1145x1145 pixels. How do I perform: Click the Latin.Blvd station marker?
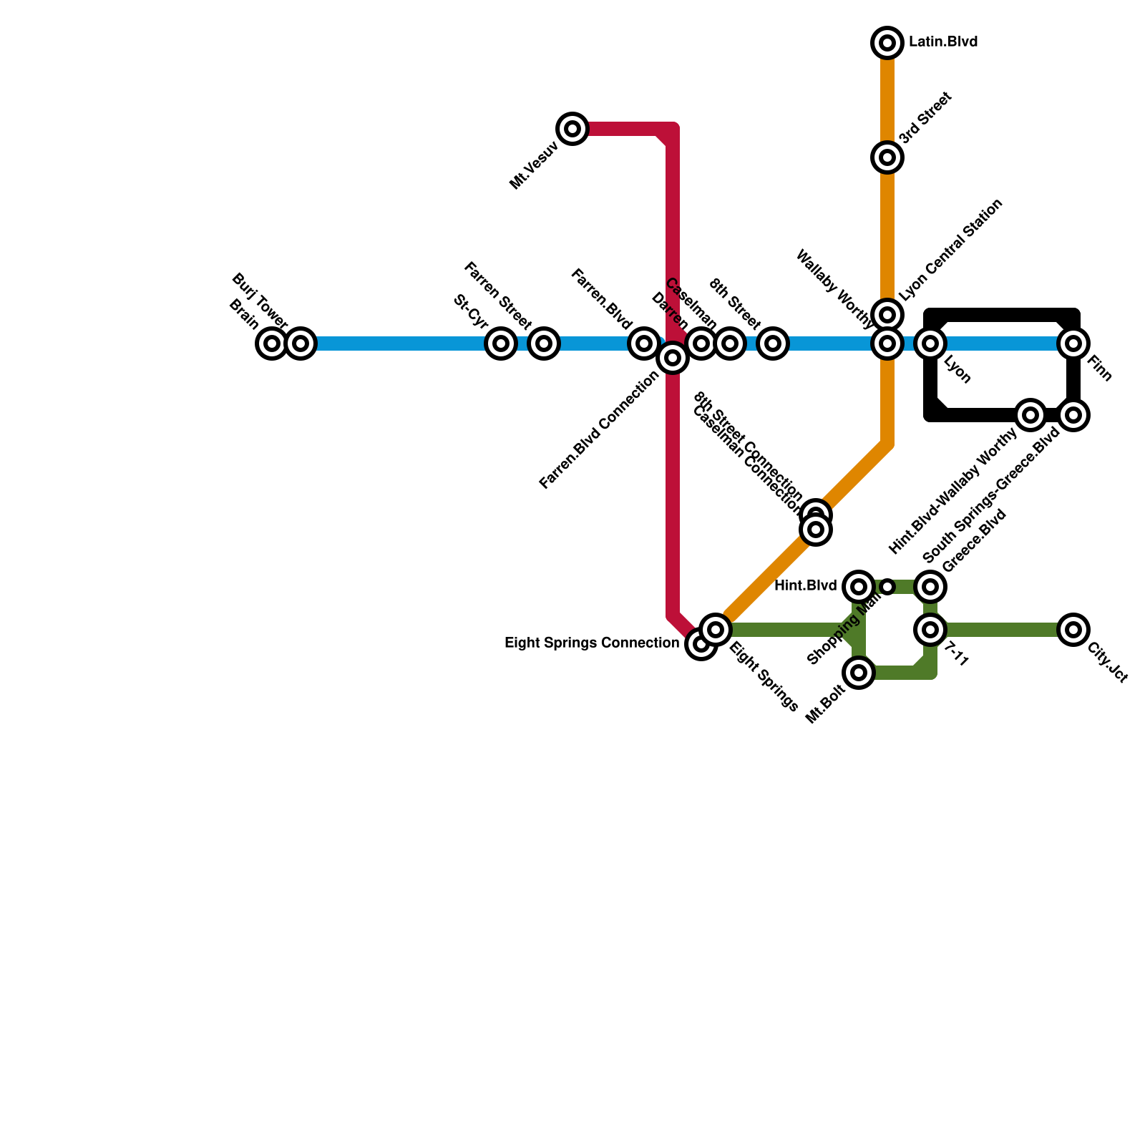pyautogui.click(x=887, y=44)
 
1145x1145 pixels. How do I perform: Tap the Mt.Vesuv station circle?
pyautogui.click(x=572, y=129)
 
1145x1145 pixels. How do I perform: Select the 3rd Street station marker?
pyautogui.click(x=887, y=157)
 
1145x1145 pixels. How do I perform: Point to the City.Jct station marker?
pyautogui.click(x=1073, y=630)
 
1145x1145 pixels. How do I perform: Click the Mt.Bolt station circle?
pyautogui.click(x=859, y=673)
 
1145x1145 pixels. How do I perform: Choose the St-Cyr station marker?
pyautogui.click(x=501, y=343)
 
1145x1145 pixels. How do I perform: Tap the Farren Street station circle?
pyautogui.click(x=544, y=343)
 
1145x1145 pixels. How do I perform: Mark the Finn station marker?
pyautogui.click(x=1073, y=343)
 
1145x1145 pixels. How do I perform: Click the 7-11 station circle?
pyautogui.click(x=930, y=630)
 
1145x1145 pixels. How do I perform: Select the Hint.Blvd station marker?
pyautogui.click(x=859, y=587)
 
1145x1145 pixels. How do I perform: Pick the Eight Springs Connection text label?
pyautogui.click(x=592, y=643)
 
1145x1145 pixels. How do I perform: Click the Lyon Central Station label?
pyautogui.click(x=951, y=250)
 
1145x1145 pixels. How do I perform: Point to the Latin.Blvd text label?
pyautogui.click(x=943, y=43)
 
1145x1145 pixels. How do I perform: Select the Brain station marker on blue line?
pyautogui.click(x=271, y=343)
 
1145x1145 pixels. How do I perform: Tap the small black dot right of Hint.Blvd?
pyautogui.click(x=887, y=587)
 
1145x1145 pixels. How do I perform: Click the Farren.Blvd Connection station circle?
pyautogui.click(x=673, y=357)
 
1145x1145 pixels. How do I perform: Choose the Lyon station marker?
pyautogui.click(x=930, y=343)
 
